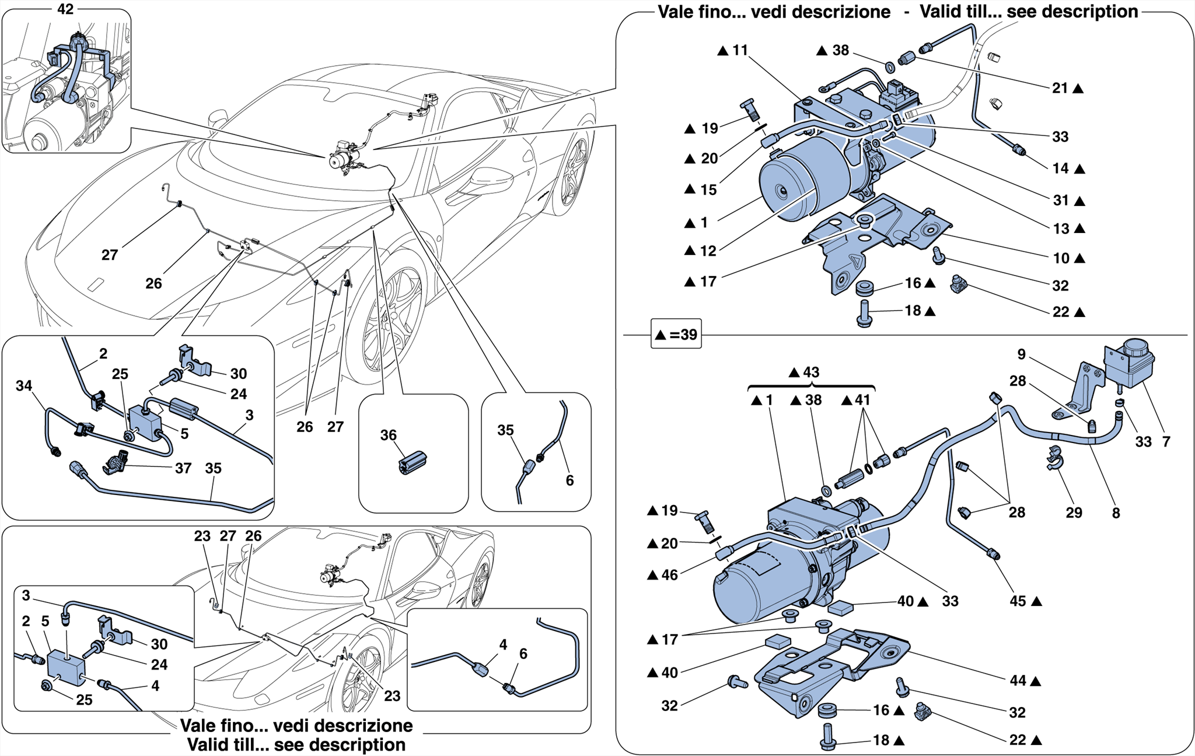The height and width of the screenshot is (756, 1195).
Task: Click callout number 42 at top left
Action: (x=65, y=9)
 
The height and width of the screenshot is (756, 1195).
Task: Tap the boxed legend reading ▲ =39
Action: (x=676, y=335)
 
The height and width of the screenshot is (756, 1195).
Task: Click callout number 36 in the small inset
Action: (x=388, y=435)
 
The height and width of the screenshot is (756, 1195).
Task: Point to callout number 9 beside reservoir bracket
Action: (x=1021, y=354)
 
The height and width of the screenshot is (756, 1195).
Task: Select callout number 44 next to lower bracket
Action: (x=1018, y=680)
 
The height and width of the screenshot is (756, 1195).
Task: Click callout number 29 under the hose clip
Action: (x=1074, y=513)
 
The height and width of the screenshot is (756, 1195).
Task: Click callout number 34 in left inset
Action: (x=23, y=385)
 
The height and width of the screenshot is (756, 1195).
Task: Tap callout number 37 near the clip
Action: (x=183, y=468)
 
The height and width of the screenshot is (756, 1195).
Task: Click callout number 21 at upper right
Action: (x=1060, y=88)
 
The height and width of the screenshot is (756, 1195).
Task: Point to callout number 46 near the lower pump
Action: (x=669, y=574)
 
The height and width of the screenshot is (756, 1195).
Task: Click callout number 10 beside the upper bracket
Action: (x=1061, y=258)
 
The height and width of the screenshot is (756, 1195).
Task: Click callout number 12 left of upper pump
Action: (x=707, y=251)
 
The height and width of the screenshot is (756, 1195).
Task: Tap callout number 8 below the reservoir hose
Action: (x=1116, y=513)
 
